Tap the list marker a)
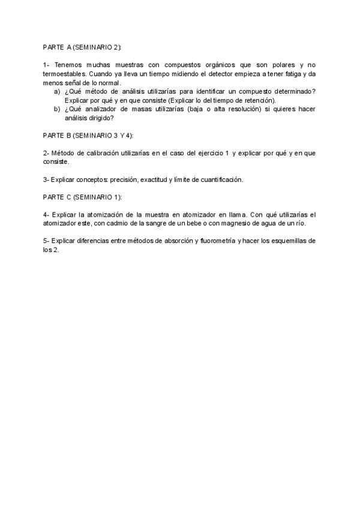(x=57, y=91)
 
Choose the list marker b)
(x=57, y=109)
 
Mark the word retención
(x=258, y=100)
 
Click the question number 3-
(x=46, y=179)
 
